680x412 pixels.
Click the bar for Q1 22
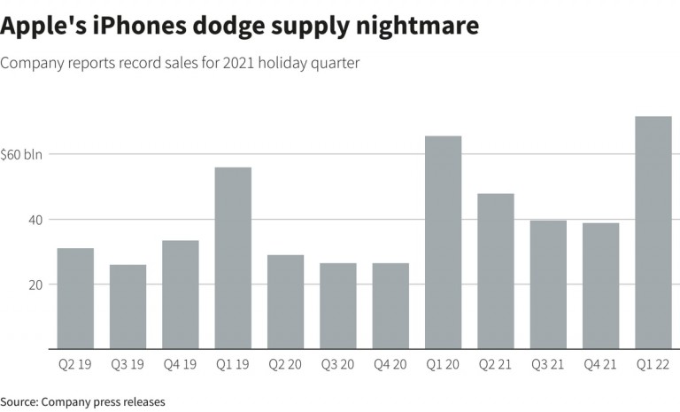pos(653,233)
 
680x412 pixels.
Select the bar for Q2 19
pos(75,299)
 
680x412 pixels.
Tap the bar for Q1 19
pos(233,258)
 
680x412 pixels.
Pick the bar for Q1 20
pos(443,242)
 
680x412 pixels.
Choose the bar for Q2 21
pos(496,271)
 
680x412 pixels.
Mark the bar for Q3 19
pos(127,307)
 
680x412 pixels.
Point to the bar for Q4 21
pos(601,285)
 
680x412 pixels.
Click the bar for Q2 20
pos(285,302)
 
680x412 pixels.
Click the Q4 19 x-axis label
pos(181,364)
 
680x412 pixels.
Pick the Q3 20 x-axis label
pos(338,364)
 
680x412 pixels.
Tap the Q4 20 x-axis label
pos(390,364)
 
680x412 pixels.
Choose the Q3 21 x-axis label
pos(548,364)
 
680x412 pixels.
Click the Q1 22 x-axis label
pos(653,364)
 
